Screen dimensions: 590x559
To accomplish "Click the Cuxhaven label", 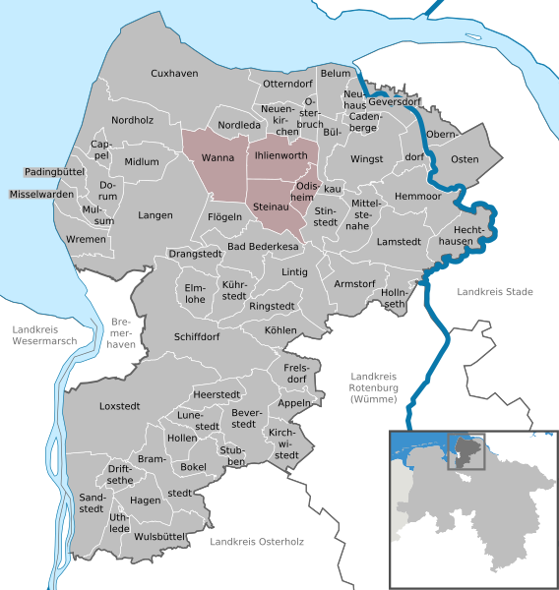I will [x=175, y=74].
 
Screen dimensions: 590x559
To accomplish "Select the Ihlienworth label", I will [x=281, y=155].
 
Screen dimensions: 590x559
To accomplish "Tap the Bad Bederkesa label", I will [x=263, y=245].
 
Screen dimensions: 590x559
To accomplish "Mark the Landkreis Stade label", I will [x=494, y=292].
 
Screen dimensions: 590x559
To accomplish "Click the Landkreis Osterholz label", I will [x=257, y=542].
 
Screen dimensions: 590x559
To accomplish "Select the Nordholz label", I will [x=133, y=120].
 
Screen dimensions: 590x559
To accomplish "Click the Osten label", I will [x=464, y=159].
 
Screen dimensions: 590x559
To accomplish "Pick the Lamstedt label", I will [x=400, y=241].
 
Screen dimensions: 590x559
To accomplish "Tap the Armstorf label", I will [x=355, y=283].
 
